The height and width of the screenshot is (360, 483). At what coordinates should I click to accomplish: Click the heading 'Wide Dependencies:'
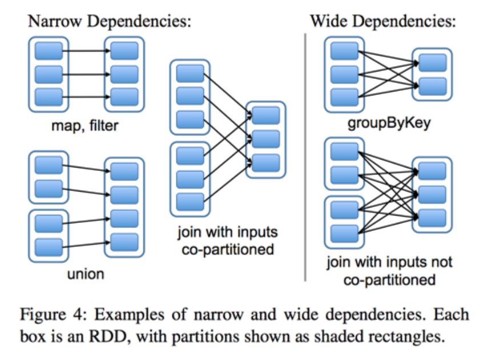(382, 21)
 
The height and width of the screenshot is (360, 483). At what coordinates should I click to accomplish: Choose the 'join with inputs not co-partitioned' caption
(389, 271)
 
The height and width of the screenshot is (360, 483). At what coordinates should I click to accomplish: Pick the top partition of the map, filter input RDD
(49, 51)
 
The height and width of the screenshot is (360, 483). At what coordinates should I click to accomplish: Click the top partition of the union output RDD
(124, 171)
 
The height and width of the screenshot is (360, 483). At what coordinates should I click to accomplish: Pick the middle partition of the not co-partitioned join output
(432, 193)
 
